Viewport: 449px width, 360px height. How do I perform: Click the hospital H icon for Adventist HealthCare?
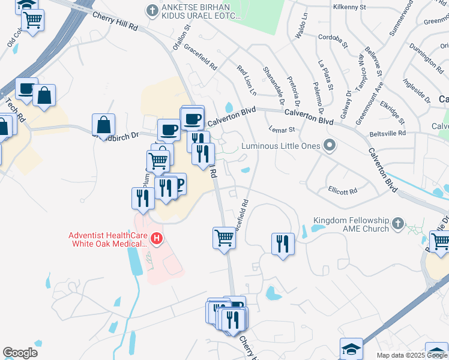coord(157,239)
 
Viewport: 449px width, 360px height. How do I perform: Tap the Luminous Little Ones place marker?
coord(328,145)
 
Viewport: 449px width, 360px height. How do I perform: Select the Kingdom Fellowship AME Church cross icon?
coord(397,224)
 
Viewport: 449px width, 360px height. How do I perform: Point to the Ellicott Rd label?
coord(343,191)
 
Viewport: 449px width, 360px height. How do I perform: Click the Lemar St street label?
coord(283,129)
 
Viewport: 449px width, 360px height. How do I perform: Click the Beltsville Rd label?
coord(388,133)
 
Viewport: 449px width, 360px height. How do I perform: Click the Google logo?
coord(20,352)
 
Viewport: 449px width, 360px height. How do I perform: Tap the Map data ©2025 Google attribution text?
coord(412,355)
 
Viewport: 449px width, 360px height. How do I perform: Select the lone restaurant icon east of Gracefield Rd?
coord(283,244)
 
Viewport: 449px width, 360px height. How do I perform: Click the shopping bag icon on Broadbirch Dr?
coord(103,125)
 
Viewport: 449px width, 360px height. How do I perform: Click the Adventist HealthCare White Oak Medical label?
coord(108,239)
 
